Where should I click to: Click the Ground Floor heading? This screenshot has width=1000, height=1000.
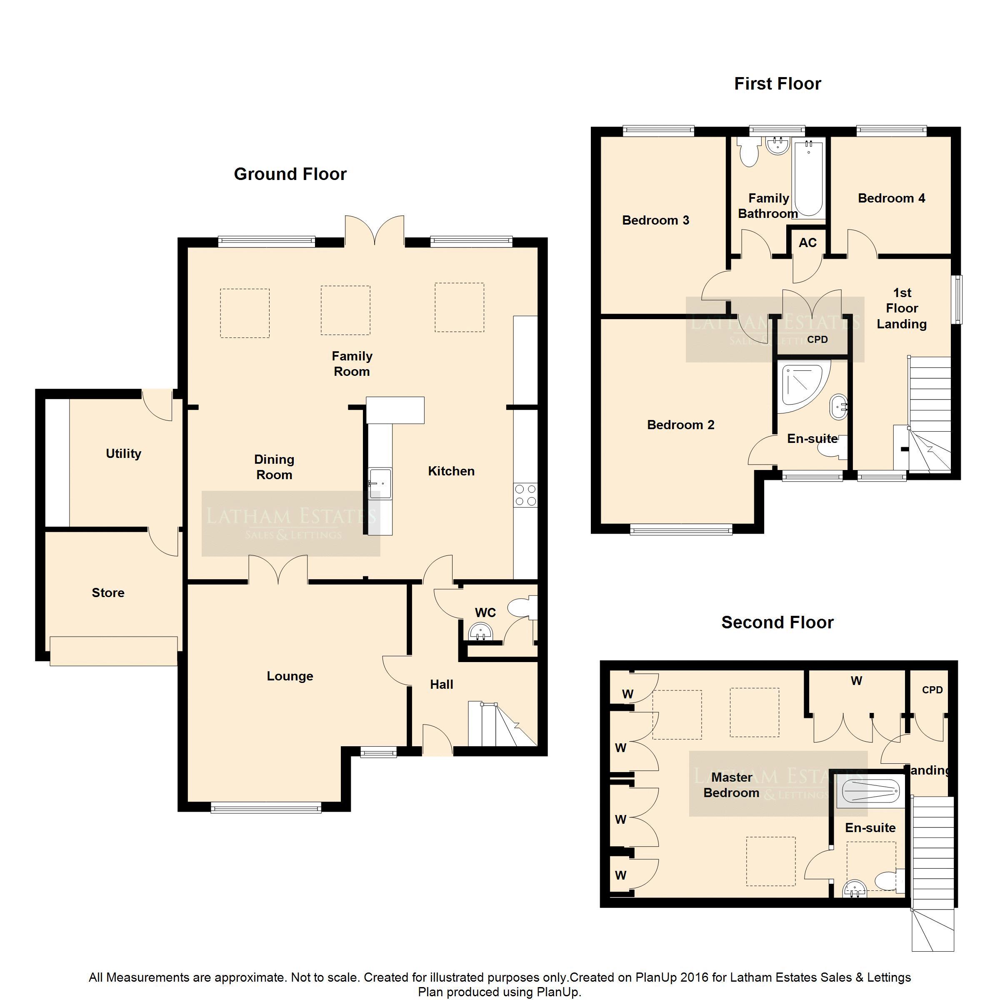(290, 174)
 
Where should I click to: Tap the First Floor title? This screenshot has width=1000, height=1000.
(777, 84)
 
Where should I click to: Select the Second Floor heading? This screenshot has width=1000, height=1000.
(777, 622)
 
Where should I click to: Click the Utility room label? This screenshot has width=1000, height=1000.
(123, 454)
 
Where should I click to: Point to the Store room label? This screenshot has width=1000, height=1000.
(108, 592)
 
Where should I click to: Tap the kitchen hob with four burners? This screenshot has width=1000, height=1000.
(525, 495)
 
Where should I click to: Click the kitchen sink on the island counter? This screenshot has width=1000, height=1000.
(380, 483)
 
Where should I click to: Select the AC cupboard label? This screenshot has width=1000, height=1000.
(807, 243)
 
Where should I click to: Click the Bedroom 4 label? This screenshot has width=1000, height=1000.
(891, 198)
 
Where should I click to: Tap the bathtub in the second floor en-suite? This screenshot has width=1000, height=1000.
(870, 791)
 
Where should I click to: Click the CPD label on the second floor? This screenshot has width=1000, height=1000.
(932, 690)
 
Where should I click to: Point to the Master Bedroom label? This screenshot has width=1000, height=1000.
(731, 785)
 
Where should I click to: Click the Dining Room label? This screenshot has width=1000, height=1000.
(274, 467)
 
